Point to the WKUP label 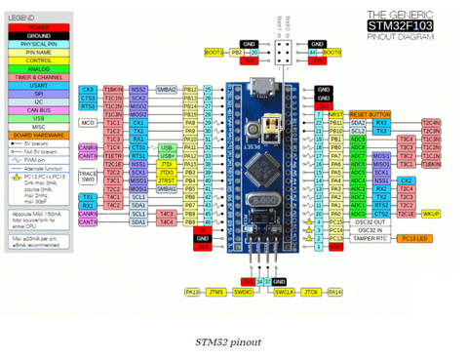pyautogui.click(x=431, y=213)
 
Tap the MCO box pyautogui.click(x=88, y=122)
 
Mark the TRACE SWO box pyautogui.click(x=88, y=176)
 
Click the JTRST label pyautogui.click(x=167, y=180)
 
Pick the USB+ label pyautogui.click(x=167, y=155)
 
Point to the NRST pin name pyautogui.click(x=336, y=114)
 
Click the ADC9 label pyautogui.click(x=358, y=140)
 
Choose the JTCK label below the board pyautogui.click(x=311, y=292)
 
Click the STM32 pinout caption pyautogui.click(x=229, y=342)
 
